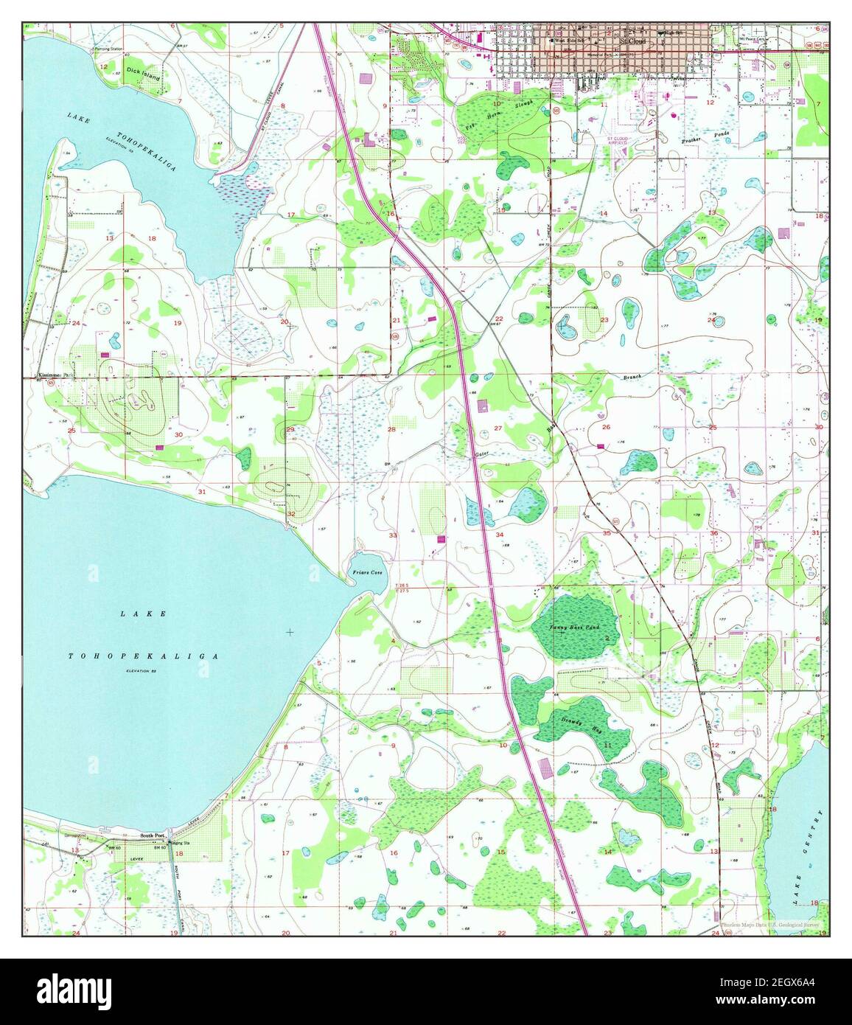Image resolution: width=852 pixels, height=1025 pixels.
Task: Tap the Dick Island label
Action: [x=142, y=72]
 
